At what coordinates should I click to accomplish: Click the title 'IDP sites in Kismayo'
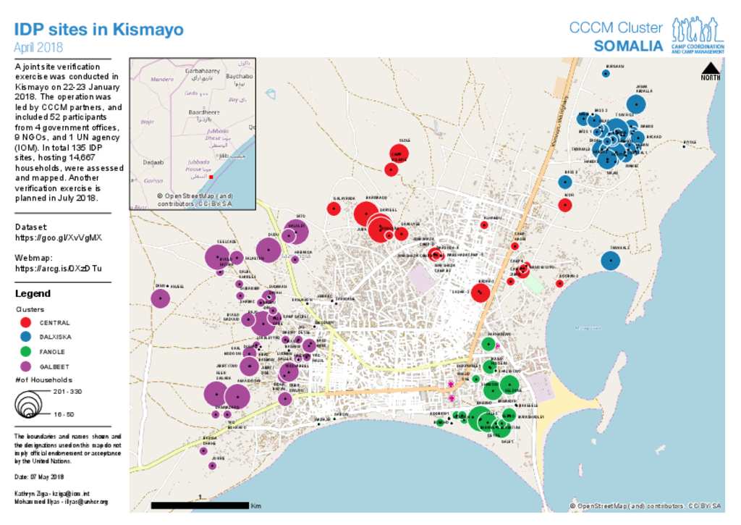99,30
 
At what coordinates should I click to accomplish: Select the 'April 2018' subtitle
38,48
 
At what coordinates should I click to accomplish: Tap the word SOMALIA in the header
628,46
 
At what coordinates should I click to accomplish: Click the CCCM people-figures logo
698,30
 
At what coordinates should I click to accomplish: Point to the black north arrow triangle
710,69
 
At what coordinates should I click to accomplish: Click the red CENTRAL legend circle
26,322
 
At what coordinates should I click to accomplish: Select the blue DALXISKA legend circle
26,337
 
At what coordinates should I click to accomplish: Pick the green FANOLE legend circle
26,351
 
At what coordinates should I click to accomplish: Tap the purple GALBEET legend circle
26,366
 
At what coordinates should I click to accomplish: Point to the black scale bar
199,505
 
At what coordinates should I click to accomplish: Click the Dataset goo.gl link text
59,237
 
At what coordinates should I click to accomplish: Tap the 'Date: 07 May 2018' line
39,476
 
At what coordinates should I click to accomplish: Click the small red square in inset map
211,177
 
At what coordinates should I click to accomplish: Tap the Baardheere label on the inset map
203,113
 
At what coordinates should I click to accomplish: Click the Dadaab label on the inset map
153,162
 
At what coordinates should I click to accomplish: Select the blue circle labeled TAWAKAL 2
610,261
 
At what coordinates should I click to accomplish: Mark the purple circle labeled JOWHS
212,466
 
